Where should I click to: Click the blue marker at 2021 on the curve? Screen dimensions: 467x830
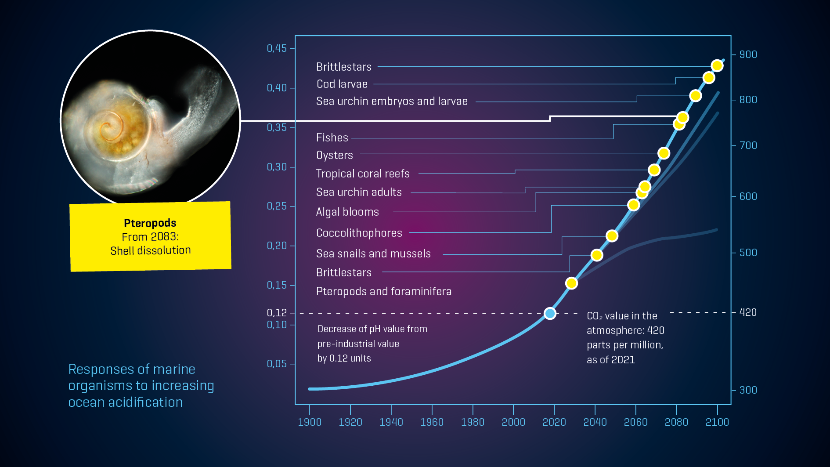click(x=550, y=313)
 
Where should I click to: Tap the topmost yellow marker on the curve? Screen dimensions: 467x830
click(x=717, y=65)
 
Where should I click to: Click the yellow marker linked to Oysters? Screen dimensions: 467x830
click(x=664, y=153)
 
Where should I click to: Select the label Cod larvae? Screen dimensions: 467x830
click(x=342, y=84)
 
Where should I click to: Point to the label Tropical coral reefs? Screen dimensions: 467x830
click(x=363, y=174)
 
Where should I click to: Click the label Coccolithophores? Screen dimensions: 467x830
click(x=359, y=233)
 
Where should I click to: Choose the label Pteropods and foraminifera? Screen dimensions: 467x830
click(x=383, y=291)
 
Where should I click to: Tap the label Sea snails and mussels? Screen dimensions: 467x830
click(x=373, y=253)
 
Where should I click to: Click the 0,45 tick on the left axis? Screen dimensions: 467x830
click(x=277, y=48)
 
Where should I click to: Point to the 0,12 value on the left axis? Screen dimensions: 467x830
click(x=277, y=313)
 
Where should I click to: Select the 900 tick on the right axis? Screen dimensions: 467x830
click(x=748, y=54)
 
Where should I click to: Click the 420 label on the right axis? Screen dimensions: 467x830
click(x=748, y=312)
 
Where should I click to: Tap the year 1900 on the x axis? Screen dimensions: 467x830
click(x=310, y=422)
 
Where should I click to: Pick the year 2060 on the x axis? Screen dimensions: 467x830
click(x=635, y=422)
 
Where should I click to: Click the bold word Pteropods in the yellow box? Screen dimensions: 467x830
click(x=150, y=223)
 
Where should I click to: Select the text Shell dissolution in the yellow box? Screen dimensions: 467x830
click(x=150, y=250)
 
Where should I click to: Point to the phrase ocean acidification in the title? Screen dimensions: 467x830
click(x=125, y=402)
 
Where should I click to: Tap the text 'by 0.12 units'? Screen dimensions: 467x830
click(x=344, y=358)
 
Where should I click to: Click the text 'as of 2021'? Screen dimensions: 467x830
click(x=610, y=360)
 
